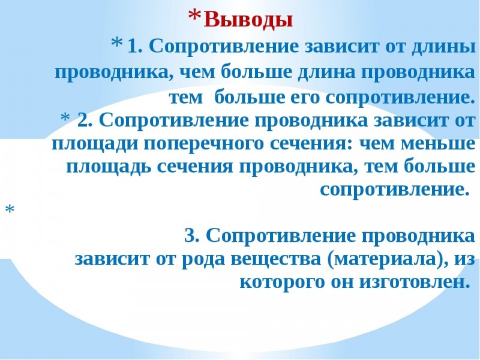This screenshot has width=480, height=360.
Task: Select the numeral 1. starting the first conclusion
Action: point(134,46)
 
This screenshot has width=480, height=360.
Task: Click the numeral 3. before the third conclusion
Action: point(192,236)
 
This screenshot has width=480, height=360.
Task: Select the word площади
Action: point(95,144)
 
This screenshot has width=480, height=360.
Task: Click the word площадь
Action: point(109,167)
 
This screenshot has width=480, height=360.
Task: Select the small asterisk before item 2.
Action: point(65,117)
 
